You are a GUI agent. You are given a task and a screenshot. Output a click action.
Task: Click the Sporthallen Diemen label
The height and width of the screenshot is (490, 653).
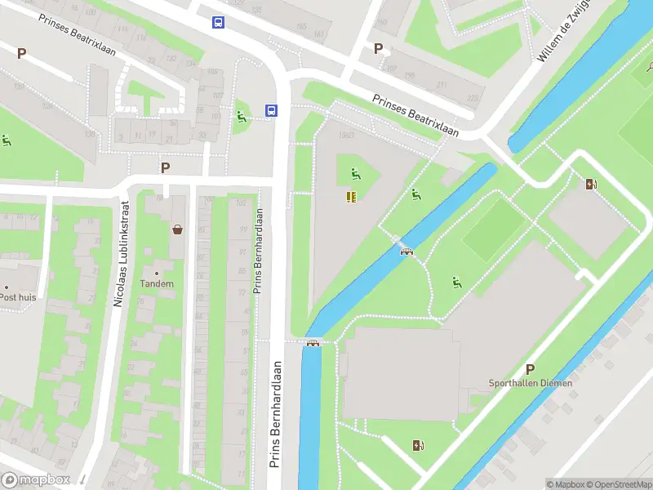(x=530, y=383)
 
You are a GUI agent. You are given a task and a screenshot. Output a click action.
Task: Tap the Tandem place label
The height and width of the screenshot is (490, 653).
(x=157, y=284)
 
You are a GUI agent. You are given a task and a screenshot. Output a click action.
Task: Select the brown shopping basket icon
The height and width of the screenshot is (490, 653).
(x=177, y=229)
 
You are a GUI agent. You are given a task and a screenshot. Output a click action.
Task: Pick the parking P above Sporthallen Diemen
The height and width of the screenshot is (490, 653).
(x=530, y=369)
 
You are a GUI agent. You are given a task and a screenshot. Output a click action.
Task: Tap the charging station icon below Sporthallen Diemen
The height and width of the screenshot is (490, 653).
(x=418, y=445)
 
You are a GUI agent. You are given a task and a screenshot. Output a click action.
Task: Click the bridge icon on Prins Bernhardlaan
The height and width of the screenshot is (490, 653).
(x=312, y=343)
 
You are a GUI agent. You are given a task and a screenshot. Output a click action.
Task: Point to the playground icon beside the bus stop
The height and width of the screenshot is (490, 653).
(x=241, y=117)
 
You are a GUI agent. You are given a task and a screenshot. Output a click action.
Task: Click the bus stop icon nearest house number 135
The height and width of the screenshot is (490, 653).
(x=218, y=23)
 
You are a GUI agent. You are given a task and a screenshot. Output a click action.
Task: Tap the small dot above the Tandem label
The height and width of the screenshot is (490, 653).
(x=157, y=273)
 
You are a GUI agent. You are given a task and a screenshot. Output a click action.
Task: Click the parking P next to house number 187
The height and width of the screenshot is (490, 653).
(x=378, y=48)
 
